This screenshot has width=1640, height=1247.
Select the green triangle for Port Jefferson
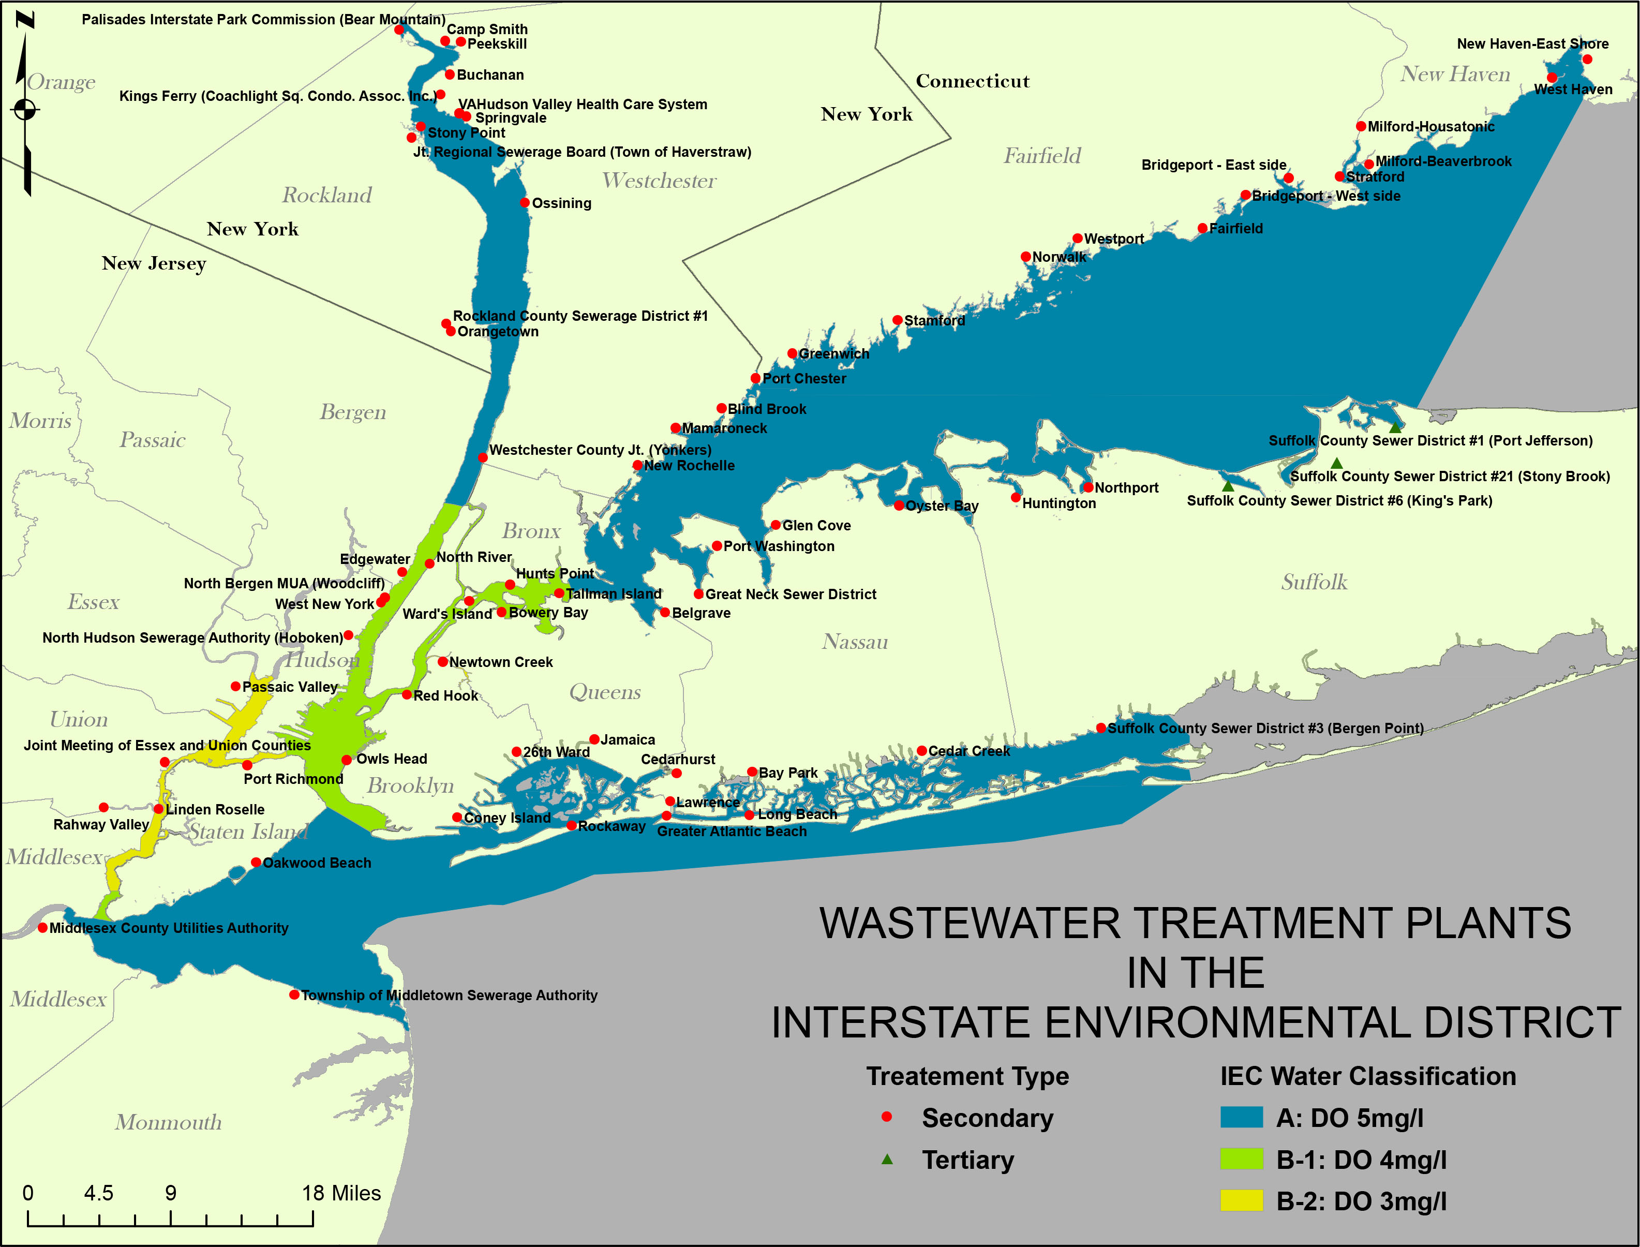[x=1395, y=427]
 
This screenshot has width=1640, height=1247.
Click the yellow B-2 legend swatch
[x=1242, y=1200]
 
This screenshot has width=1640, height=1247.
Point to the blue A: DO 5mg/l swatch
[x=1242, y=1117]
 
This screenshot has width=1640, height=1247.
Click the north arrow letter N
[x=25, y=20]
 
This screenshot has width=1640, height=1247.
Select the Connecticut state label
[x=972, y=81]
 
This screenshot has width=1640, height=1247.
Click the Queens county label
[x=605, y=692]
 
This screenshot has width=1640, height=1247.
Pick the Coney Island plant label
[x=507, y=817]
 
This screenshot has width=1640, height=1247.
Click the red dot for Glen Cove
[x=776, y=525]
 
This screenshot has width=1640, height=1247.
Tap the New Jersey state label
[x=154, y=263]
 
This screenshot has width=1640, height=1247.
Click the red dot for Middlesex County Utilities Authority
[x=43, y=928]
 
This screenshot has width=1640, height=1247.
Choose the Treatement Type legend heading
[x=967, y=1076]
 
